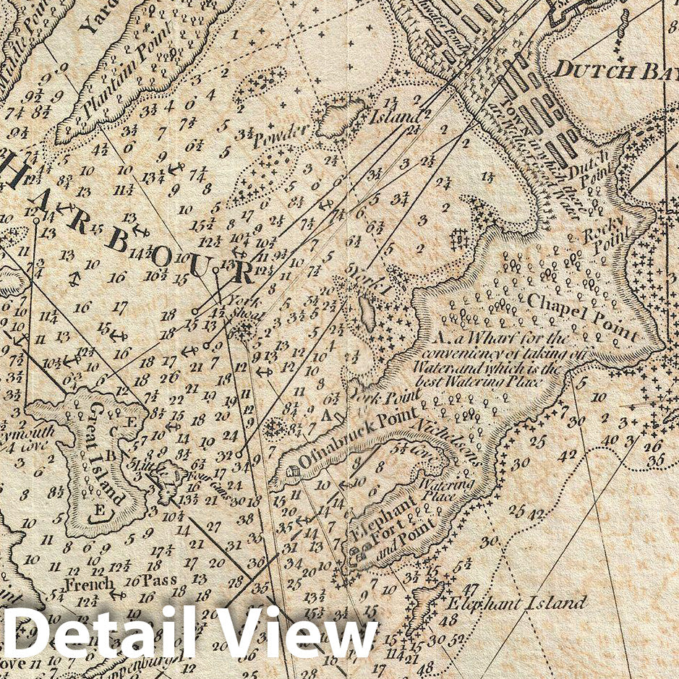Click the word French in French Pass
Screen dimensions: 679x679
tap(89, 584)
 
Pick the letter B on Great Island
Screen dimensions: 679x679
tap(111, 456)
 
